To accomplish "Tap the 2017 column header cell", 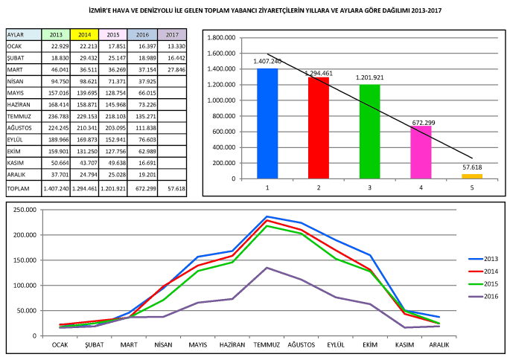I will pos(172,35).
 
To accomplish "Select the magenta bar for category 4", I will pos(421,152).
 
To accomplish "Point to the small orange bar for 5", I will pos(472,176).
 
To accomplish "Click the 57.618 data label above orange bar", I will pos(472,168).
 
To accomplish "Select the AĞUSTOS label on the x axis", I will pos(302,345).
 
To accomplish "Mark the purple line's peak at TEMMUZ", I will pos(267,268).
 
